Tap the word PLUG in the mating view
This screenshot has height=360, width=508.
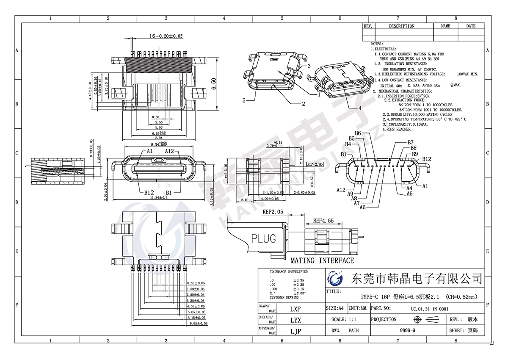click(264, 238)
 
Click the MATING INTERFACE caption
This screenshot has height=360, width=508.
click(322, 260)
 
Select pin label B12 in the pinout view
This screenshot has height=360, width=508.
click(426, 159)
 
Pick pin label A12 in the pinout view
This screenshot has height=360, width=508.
click(342, 190)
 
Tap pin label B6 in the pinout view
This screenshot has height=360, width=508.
click(358, 133)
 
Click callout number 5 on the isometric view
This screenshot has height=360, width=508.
click(244, 100)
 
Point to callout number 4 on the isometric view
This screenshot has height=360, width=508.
click(360, 108)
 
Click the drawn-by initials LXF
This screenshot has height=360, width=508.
click(295, 309)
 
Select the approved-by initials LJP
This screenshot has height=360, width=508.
click(295, 331)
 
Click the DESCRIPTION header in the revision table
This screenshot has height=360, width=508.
click(401, 26)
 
